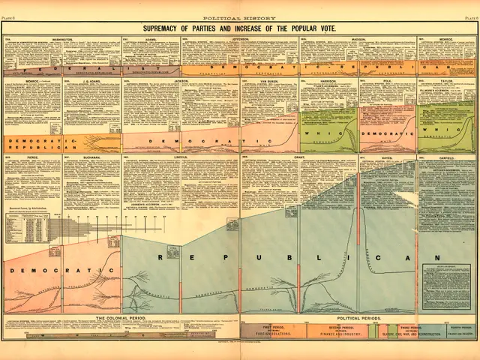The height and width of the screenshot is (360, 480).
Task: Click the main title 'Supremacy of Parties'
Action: (x=240, y=28)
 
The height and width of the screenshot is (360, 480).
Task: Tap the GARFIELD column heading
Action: (x=447, y=157)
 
